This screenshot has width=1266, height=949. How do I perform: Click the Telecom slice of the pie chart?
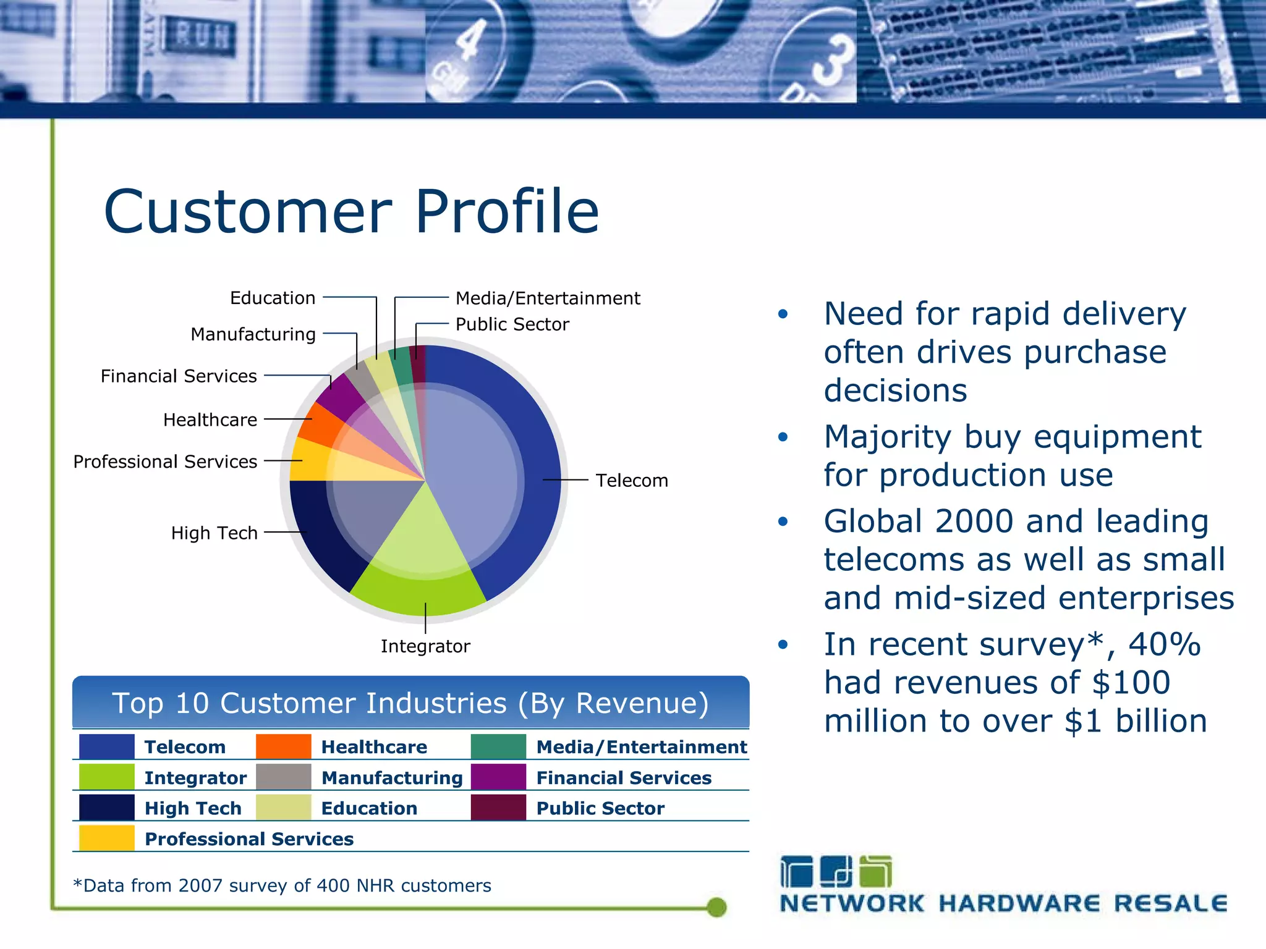tap(495, 470)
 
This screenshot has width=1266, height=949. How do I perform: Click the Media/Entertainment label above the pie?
tap(548, 298)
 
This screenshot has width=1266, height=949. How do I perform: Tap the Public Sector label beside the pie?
tap(512, 324)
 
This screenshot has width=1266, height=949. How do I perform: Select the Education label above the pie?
tap(273, 298)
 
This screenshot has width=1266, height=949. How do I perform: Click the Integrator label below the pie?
tap(425, 646)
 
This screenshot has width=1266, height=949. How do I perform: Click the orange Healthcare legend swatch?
tap(283, 746)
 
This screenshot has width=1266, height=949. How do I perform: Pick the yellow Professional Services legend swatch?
tap(106, 838)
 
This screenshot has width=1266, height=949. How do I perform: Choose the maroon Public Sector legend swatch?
tap(498, 808)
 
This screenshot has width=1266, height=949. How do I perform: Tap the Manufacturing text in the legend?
tap(392, 778)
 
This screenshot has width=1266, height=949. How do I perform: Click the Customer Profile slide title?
tap(351, 211)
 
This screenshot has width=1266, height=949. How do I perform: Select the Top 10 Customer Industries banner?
tap(410, 703)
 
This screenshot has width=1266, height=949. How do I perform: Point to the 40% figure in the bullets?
tap(1165, 644)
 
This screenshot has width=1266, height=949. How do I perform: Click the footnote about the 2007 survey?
tap(282, 885)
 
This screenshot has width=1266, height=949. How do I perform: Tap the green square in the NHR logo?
tap(875, 872)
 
